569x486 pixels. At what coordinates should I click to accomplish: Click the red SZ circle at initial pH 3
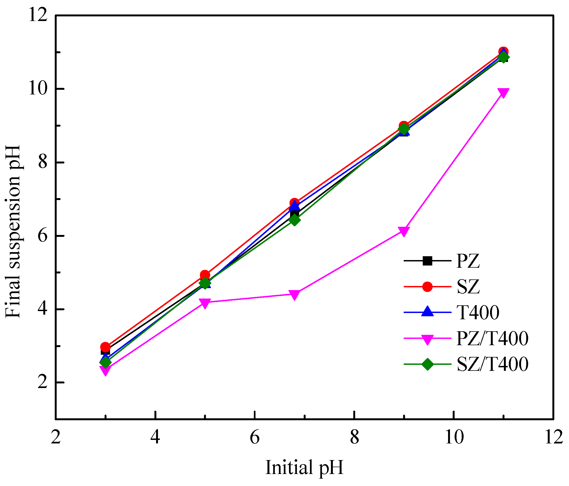pyautogui.click(x=105, y=347)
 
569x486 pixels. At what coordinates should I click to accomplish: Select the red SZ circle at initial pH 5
pyautogui.click(x=205, y=275)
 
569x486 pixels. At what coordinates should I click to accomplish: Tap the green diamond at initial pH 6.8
pyautogui.click(x=294, y=220)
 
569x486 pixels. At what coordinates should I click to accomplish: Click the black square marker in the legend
pyautogui.click(x=427, y=261)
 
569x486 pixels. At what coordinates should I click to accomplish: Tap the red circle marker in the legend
pyautogui.click(x=427, y=287)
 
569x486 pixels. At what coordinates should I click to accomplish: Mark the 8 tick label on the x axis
pyautogui.click(x=354, y=437)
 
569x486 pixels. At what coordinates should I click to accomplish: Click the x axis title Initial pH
pyautogui.click(x=304, y=467)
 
